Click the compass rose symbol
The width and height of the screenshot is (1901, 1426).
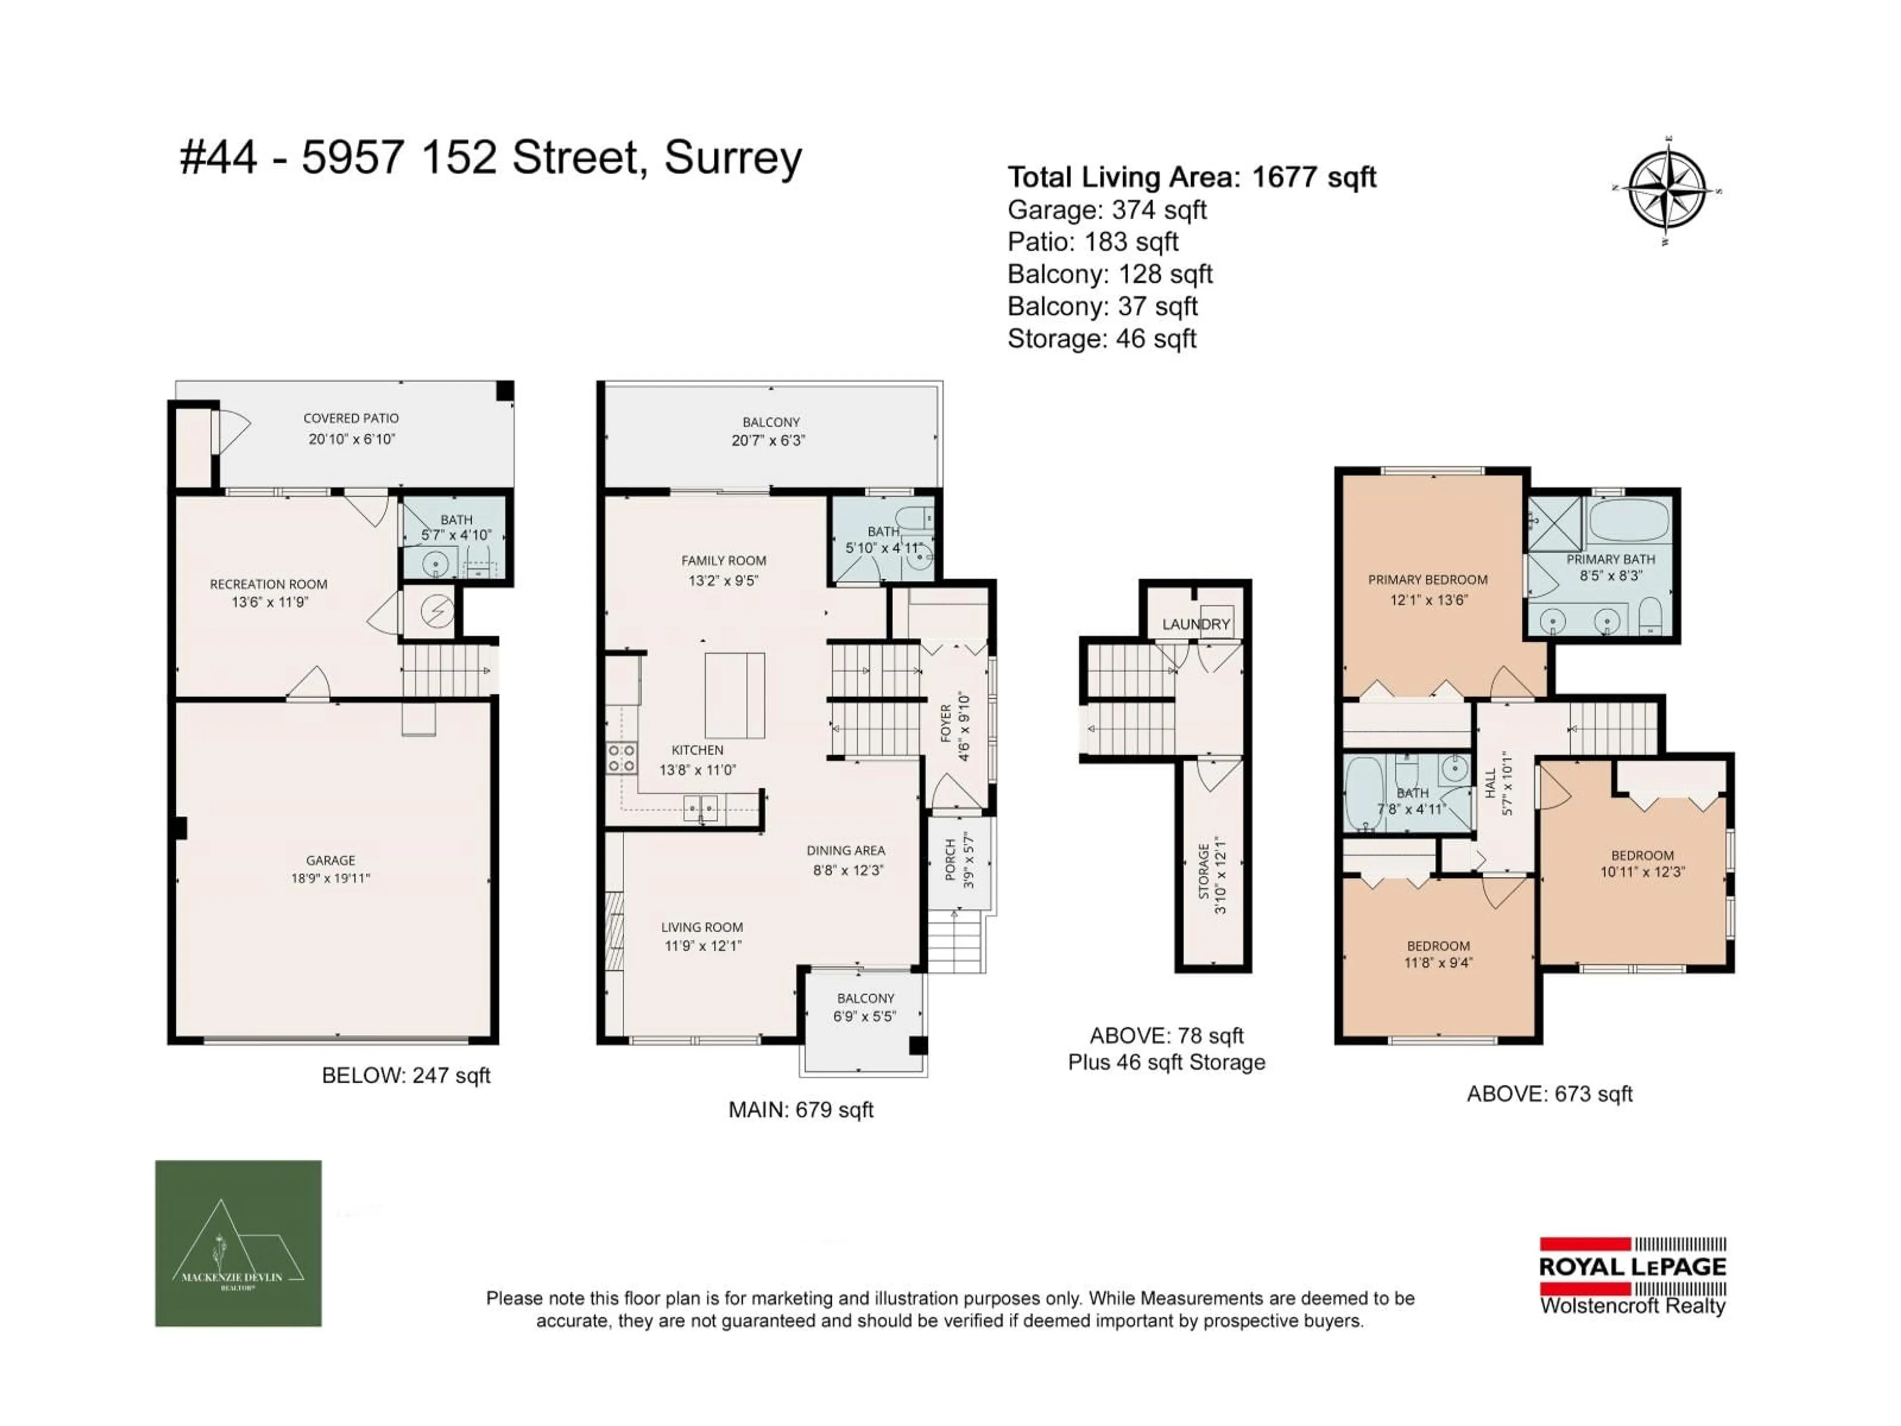(x=1667, y=191)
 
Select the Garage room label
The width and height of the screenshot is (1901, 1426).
(x=331, y=869)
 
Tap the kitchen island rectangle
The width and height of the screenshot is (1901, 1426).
(x=735, y=695)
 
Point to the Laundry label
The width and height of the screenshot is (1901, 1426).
(x=1196, y=624)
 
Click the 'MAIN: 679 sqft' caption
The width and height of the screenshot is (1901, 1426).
(x=801, y=1110)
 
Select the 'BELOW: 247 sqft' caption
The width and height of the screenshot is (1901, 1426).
(x=405, y=1075)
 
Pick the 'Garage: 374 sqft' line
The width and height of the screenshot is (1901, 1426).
(x=1107, y=210)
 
